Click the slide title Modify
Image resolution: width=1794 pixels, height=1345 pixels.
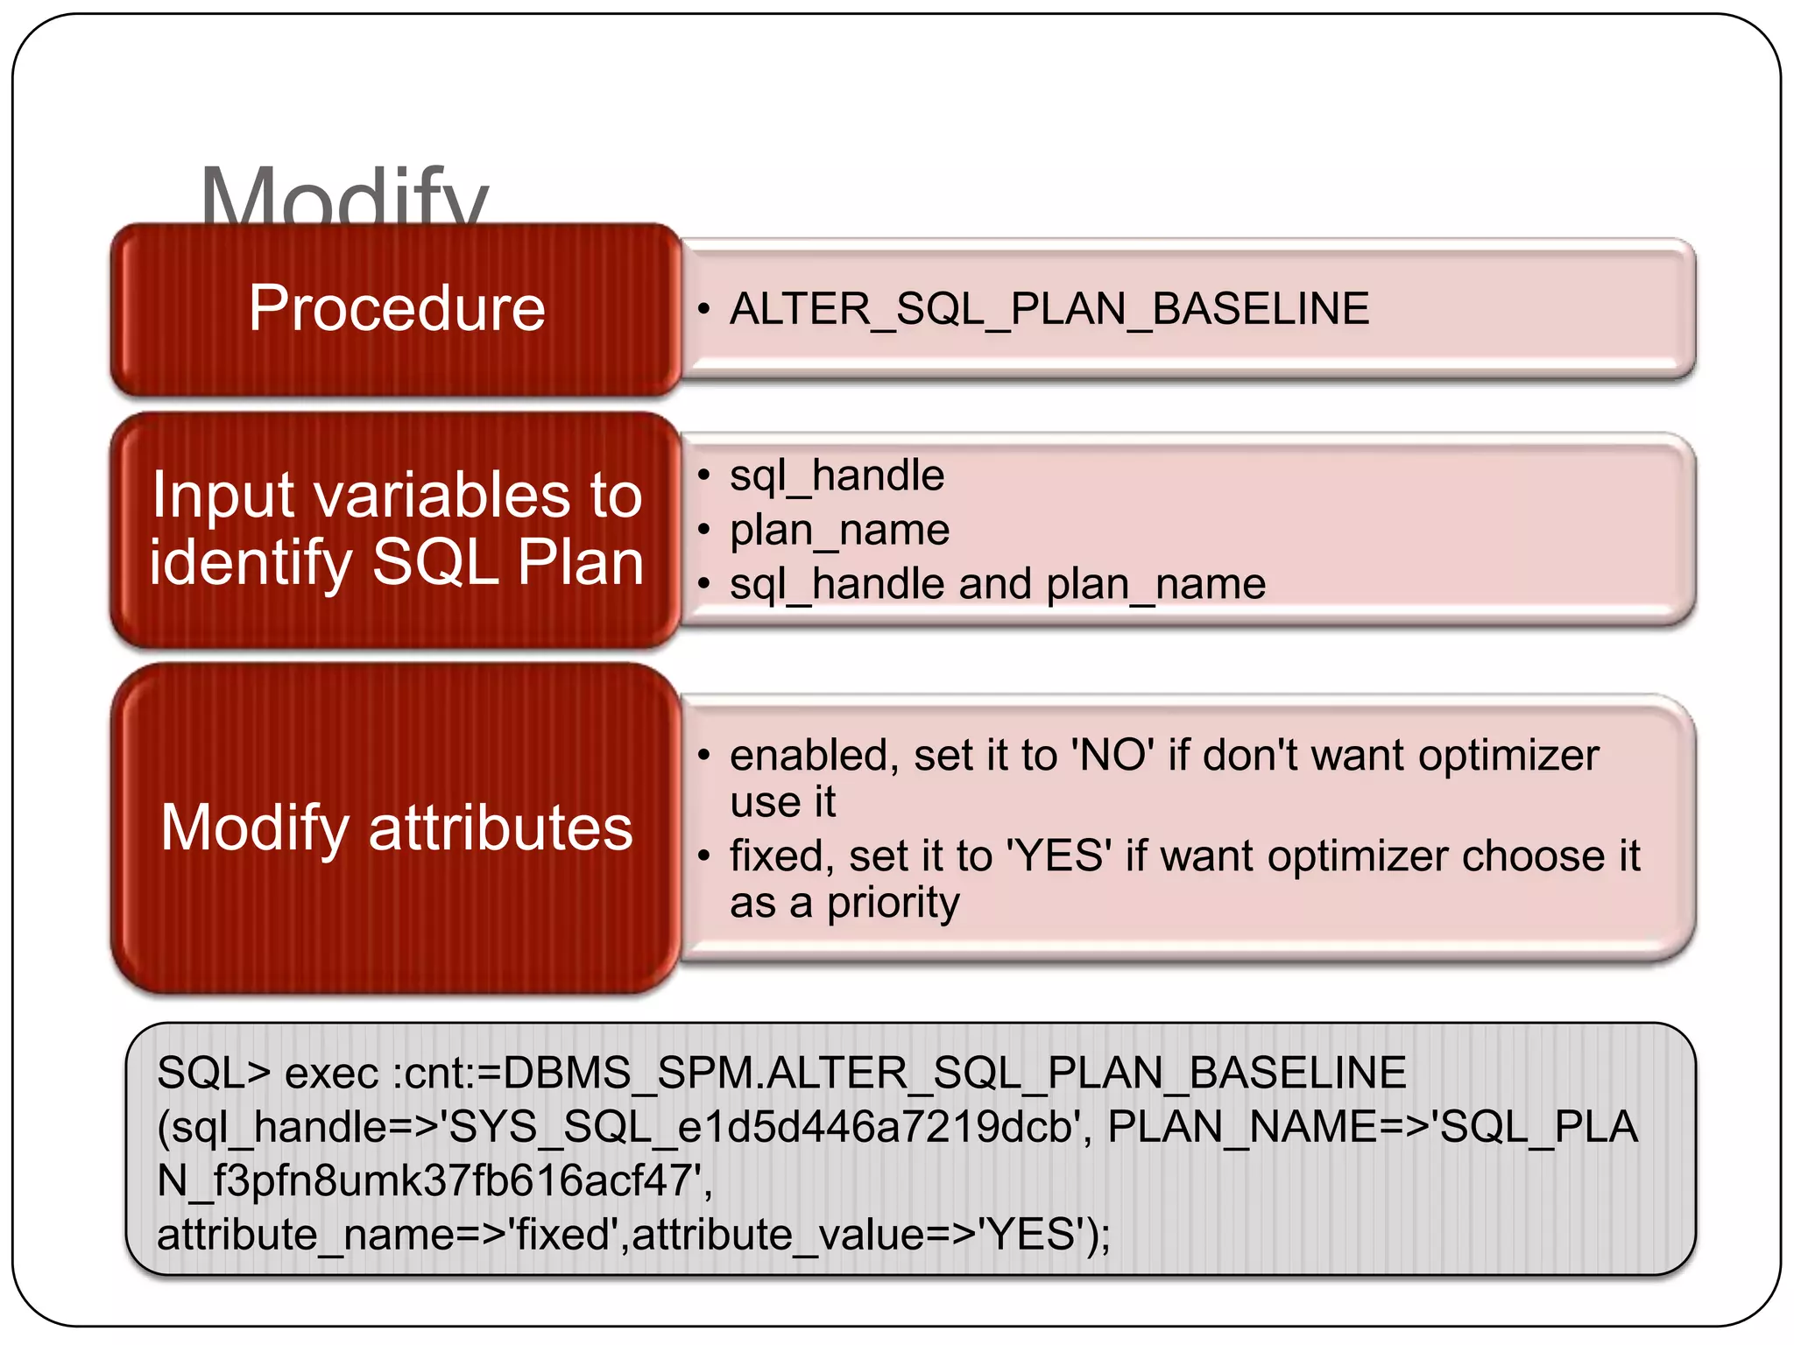pyautogui.click(x=343, y=197)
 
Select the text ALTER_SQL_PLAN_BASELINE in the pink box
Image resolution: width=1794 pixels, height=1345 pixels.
pyautogui.click(x=1049, y=309)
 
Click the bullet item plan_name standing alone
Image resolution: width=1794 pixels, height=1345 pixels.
pyautogui.click(x=839, y=531)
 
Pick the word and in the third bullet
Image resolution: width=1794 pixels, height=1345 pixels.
pyautogui.click(x=995, y=584)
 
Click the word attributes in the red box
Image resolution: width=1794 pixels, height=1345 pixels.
pyautogui.click(x=500, y=828)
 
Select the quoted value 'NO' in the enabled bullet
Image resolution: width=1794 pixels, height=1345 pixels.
pyautogui.click(x=1112, y=756)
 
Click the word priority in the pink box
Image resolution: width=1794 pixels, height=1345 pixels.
pyautogui.click(x=893, y=904)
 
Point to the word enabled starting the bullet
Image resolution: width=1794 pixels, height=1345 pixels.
pyautogui.click(x=809, y=756)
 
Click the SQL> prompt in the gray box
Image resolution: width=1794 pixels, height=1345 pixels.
pyautogui.click(x=214, y=1074)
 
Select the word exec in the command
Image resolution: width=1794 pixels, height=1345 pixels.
pyautogui.click(x=331, y=1074)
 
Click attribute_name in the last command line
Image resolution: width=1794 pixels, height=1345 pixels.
pyautogui.click(x=306, y=1236)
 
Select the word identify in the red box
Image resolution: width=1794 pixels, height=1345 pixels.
pyautogui.click(x=250, y=562)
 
